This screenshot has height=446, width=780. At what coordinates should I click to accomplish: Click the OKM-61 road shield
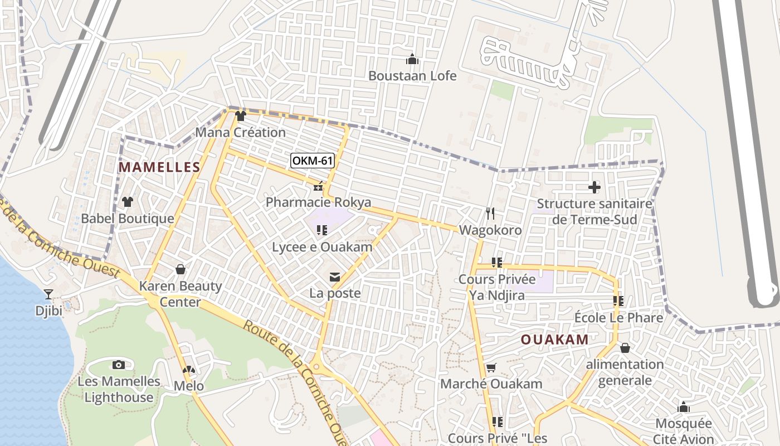(313, 161)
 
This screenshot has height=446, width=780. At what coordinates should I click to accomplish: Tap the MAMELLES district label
(159, 167)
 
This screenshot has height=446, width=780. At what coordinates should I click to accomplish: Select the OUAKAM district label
(554, 340)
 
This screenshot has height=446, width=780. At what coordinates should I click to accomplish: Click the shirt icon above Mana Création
(240, 116)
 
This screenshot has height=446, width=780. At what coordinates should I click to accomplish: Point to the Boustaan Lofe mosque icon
(412, 59)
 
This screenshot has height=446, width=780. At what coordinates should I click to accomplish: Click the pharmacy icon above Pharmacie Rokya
(318, 187)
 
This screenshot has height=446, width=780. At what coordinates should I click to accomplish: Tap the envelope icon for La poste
(335, 277)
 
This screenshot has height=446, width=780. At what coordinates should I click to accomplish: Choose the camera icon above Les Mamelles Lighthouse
(118, 365)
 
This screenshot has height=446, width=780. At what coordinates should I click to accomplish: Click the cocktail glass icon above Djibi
(48, 294)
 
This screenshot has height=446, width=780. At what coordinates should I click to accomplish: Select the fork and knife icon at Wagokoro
(490, 214)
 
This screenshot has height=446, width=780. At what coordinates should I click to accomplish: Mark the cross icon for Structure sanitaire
(594, 187)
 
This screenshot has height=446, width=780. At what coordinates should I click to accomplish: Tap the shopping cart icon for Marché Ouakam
(491, 367)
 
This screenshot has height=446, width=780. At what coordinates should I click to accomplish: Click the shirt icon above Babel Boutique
(128, 202)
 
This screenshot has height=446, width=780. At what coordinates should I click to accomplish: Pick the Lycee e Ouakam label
(321, 246)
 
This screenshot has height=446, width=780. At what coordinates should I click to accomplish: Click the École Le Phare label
(618, 318)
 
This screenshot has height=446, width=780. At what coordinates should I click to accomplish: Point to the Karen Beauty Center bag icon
(180, 270)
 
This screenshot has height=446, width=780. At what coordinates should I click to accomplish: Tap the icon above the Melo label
(189, 370)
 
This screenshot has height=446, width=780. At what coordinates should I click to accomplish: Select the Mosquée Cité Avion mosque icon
(684, 407)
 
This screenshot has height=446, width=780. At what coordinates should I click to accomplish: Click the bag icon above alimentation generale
(625, 348)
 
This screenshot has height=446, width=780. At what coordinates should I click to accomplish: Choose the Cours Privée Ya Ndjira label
(496, 287)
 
